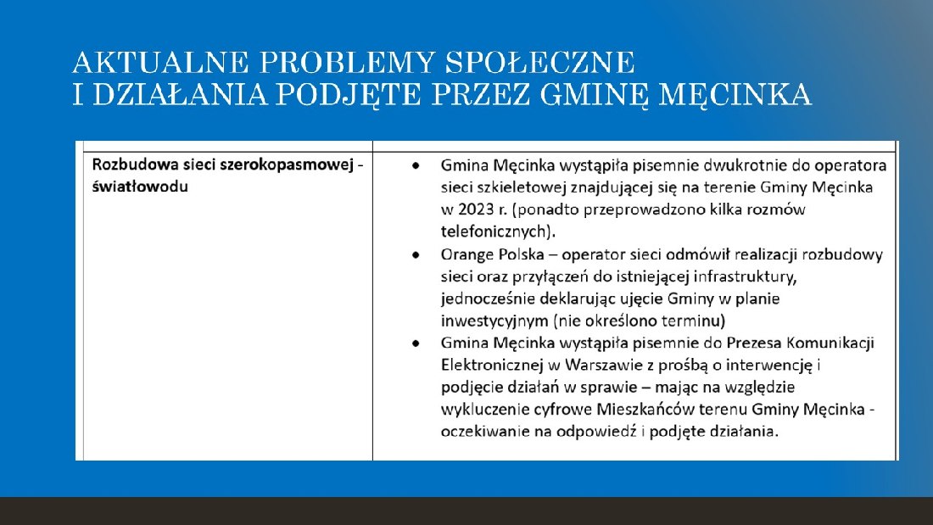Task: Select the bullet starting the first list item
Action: pos(415,165)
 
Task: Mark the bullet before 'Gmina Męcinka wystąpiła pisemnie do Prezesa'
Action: pos(415,343)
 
